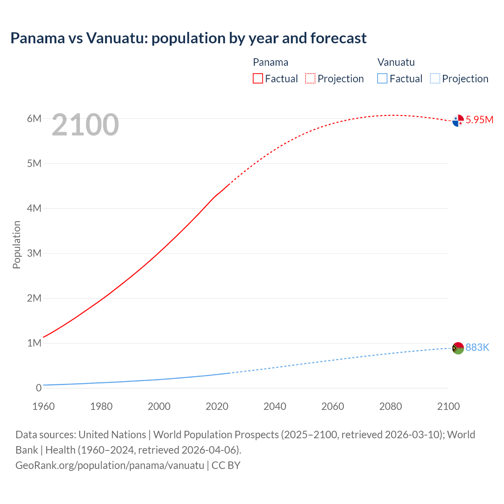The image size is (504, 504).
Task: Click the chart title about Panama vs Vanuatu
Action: pyautogui.click(x=188, y=38)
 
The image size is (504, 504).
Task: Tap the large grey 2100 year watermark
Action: pyautogui.click(x=85, y=125)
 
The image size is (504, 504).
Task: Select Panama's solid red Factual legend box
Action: pyautogui.click(x=258, y=78)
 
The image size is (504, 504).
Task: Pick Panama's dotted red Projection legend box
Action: pyautogui.click(x=310, y=78)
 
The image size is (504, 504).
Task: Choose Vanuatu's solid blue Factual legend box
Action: pyautogui.click(x=382, y=78)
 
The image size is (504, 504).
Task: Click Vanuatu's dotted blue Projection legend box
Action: pyautogui.click(x=435, y=78)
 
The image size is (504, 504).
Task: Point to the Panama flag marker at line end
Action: pyautogui.click(x=458, y=120)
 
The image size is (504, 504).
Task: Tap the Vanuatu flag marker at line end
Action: pyautogui.click(x=458, y=348)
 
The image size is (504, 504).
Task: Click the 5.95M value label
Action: pyautogui.click(x=479, y=120)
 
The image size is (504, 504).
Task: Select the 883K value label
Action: pyautogui.click(x=477, y=347)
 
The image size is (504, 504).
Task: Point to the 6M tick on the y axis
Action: pyautogui.click(x=34, y=119)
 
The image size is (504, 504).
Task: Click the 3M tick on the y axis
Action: pyautogui.click(x=34, y=253)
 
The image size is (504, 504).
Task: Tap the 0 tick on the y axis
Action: pyautogui.click(x=39, y=388)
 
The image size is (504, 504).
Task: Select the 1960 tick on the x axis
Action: pyautogui.click(x=43, y=406)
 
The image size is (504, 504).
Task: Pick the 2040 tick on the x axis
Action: pyautogui.click(x=275, y=406)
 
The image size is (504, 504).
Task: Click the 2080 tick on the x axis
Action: pyautogui.click(x=391, y=406)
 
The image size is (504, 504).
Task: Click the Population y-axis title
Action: pyautogui.click(x=17, y=245)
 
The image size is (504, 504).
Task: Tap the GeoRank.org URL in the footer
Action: pyautogui.click(x=110, y=465)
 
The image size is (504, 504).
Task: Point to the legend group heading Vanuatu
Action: pyautogui.click(x=396, y=62)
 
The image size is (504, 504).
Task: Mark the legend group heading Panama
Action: pyautogui.click(x=271, y=62)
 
